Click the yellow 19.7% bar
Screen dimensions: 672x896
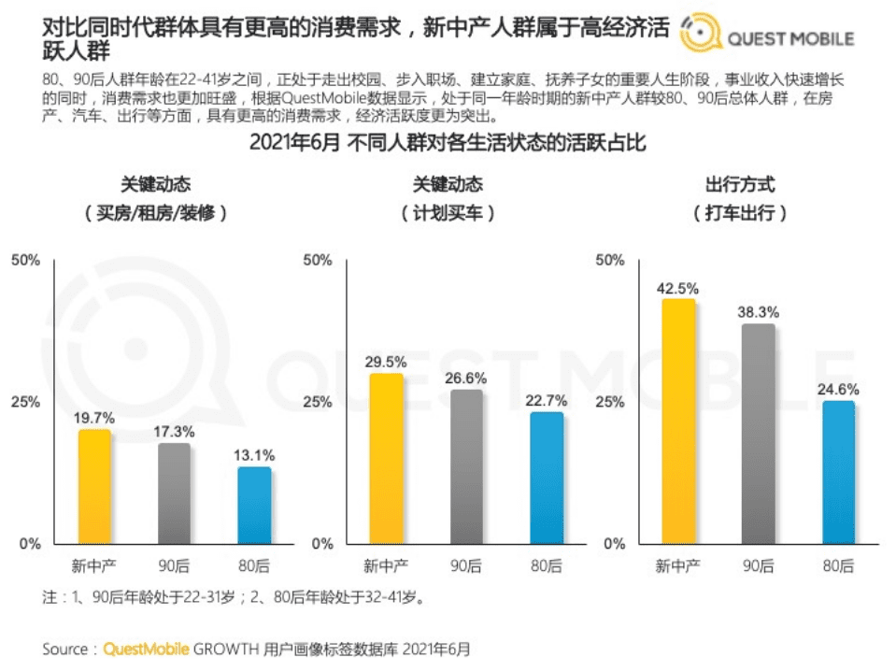[93, 487]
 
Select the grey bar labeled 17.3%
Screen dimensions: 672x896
[174, 493]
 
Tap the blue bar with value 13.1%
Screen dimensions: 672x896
[254, 506]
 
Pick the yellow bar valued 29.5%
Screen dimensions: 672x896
[386, 458]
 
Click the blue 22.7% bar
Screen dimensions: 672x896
[547, 478]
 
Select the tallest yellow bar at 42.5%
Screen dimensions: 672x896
[678, 421]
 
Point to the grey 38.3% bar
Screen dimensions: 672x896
[759, 434]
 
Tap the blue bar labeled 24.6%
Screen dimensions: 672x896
[839, 472]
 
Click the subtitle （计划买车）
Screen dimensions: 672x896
[448, 213]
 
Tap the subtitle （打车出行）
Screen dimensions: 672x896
[740, 213]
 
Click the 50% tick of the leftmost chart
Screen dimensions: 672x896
[25, 260]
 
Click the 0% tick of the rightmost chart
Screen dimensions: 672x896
[614, 544]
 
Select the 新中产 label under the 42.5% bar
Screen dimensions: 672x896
[678, 565]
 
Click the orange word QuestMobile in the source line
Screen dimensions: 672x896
[146, 648]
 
